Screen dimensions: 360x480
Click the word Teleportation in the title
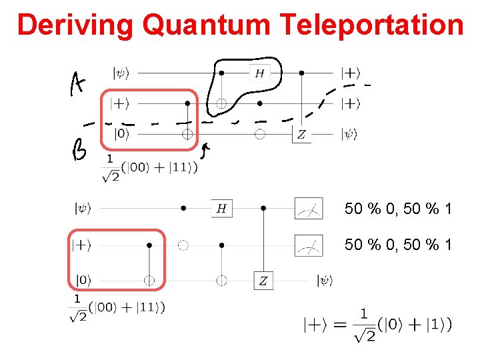coord(372,25)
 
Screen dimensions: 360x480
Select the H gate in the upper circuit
coord(259,73)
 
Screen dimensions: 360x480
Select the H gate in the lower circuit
coord(221,209)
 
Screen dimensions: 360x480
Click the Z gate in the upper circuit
coord(302,135)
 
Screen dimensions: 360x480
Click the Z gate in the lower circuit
coord(263,281)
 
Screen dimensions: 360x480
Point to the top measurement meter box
coord(309,209)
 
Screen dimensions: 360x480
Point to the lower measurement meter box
coord(309,245)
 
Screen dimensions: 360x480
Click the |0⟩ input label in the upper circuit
coord(122,134)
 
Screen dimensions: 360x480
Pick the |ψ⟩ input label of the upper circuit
coord(122,73)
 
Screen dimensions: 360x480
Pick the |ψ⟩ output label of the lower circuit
coord(325,281)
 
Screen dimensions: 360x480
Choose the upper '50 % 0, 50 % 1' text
coord(398,209)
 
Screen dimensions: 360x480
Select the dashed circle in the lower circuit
coord(183,245)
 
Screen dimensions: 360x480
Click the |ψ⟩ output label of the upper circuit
coord(350,134)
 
